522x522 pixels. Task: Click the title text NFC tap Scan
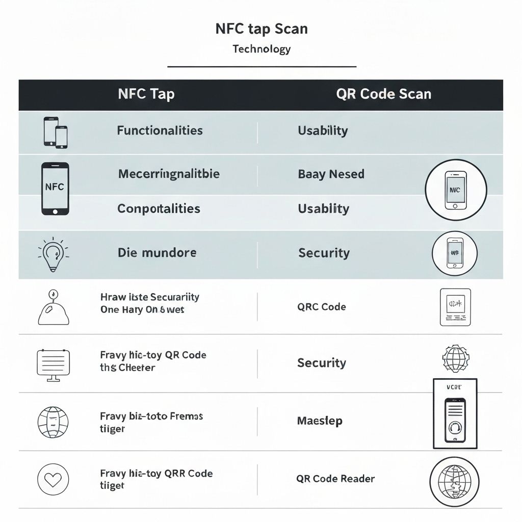(x=262, y=29)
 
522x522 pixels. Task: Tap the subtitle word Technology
(x=262, y=49)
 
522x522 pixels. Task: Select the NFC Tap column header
(x=146, y=94)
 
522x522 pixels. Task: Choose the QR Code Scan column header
(x=383, y=94)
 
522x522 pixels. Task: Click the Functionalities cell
(x=160, y=130)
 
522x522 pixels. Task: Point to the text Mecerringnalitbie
(x=169, y=174)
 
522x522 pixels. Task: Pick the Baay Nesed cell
(x=331, y=174)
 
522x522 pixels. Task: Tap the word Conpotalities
(x=159, y=208)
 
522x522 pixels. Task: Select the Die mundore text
(x=157, y=253)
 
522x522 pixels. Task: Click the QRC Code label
(x=321, y=307)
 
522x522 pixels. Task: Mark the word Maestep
(x=320, y=421)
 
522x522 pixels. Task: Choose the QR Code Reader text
(x=335, y=479)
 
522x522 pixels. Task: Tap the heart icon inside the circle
(x=53, y=479)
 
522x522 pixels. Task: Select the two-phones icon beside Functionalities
(x=55, y=132)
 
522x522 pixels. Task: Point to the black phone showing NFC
(x=55, y=188)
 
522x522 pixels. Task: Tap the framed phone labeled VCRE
(x=455, y=413)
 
